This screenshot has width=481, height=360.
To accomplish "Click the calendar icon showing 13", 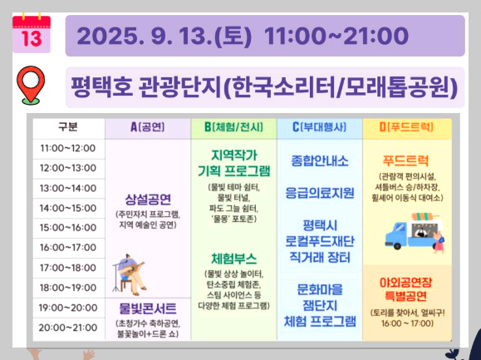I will (x=31, y=32).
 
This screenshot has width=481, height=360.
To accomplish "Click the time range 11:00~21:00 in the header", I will (x=336, y=37).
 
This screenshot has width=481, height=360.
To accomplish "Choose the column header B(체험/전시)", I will (x=233, y=127).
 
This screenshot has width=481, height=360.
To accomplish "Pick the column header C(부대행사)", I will (x=320, y=127).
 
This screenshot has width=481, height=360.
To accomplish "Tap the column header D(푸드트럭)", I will (x=406, y=127).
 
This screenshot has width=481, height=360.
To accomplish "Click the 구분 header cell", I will (x=68, y=127).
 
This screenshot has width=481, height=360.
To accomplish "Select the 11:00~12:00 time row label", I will (x=68, y=148).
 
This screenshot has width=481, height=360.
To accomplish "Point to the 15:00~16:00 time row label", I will (x=68, y=227).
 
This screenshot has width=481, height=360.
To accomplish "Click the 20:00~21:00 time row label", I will (x=68, y=327).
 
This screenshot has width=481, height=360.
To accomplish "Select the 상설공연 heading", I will (x=148, y=199).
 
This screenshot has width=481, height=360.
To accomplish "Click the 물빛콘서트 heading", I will (x=148, y=308).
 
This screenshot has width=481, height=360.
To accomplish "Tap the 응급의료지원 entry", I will (x=320, y=192).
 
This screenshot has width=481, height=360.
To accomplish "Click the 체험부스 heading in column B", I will (x=233, y=258).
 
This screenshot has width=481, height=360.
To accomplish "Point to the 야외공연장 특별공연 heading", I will (x=406, y=287).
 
